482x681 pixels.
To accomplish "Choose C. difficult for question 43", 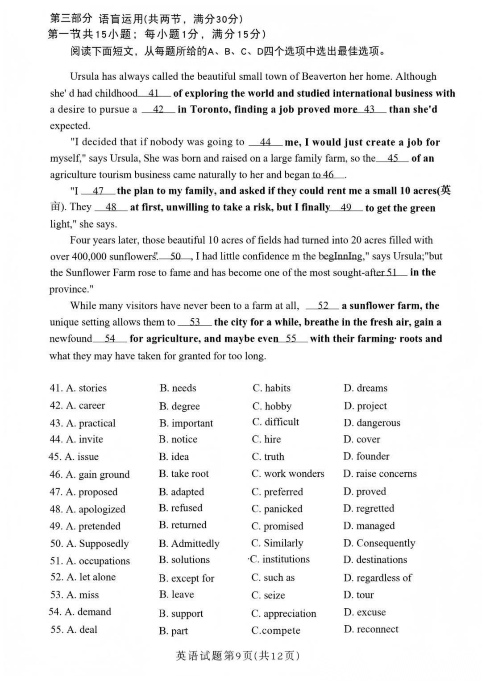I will [275, 422].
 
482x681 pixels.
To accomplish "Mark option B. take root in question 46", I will [183, 474].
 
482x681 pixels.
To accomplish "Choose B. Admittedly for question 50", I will [189, 544].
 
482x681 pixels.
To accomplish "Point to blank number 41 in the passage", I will [154, 93].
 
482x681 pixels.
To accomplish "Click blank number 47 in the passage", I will [98, 191].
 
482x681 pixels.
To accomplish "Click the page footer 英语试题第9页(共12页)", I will [238, 656].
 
